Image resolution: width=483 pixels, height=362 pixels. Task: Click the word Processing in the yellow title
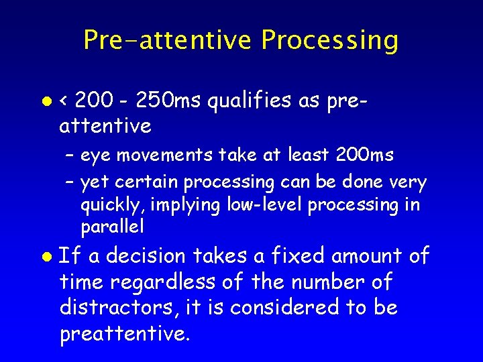coord(329,40)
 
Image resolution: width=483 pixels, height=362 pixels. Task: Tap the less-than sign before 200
coord(64,101)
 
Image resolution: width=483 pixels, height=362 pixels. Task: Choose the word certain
coord(148,182)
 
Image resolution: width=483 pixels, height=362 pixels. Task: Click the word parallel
coord(112,227)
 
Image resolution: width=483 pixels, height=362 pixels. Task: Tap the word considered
coord(279,308)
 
